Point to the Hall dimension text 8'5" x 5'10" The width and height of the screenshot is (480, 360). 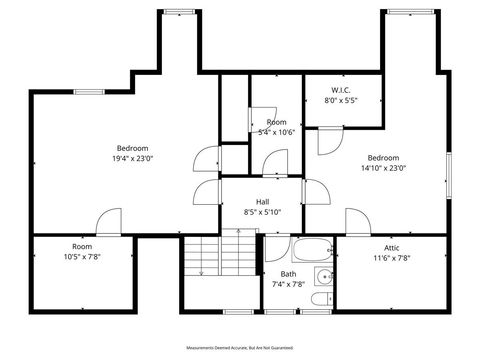(x=262, y=211)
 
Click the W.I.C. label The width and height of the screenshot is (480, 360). (x=340, y=90)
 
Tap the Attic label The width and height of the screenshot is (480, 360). (x=391, y=247)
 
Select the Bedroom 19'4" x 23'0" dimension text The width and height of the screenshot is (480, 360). (x=133, y=158)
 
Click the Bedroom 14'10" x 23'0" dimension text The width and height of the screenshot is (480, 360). (x=383, y=168)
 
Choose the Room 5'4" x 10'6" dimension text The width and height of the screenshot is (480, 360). (x=276, y=132)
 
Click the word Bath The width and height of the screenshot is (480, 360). (x=288, y=274)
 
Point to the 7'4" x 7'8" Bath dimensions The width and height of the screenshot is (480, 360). (x=288, y=285)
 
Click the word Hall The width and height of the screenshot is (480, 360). (x=262, y=201)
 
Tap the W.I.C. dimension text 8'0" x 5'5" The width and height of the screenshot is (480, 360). (x=340, y=101)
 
